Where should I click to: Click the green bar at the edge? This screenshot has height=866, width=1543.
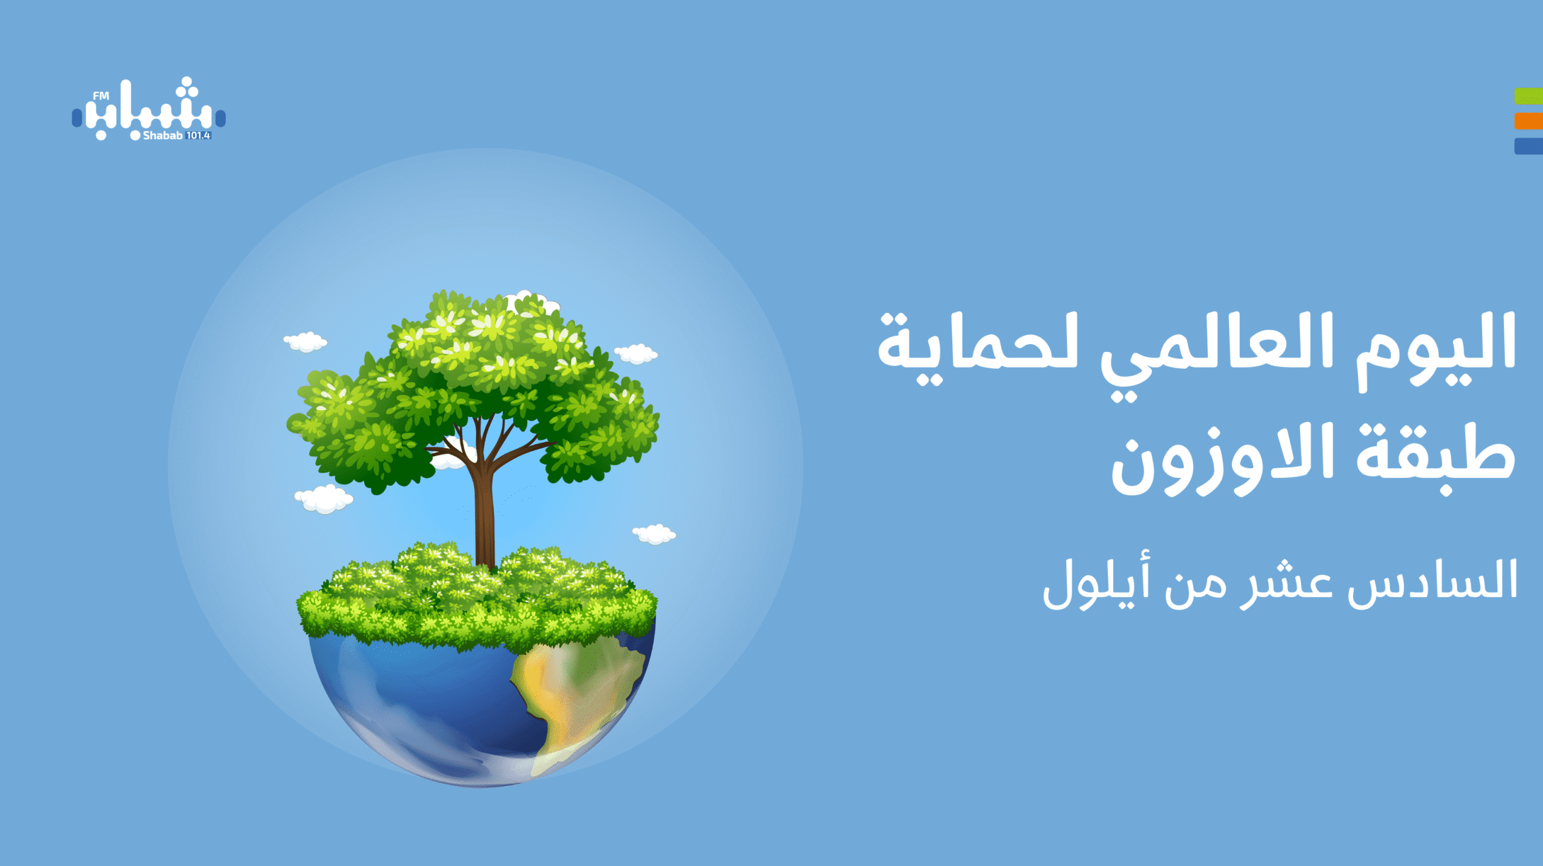(x=1529, y=96)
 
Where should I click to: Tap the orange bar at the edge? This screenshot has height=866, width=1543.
(x=1529, y=121)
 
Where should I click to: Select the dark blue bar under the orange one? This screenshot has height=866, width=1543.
(x=1529, y=146)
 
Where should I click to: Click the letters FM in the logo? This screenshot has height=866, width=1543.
(x=101, y=95)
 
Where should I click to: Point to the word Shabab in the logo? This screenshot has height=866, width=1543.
(x=162, y=136)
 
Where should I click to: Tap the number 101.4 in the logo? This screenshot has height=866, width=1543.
(x=198, y=136)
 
